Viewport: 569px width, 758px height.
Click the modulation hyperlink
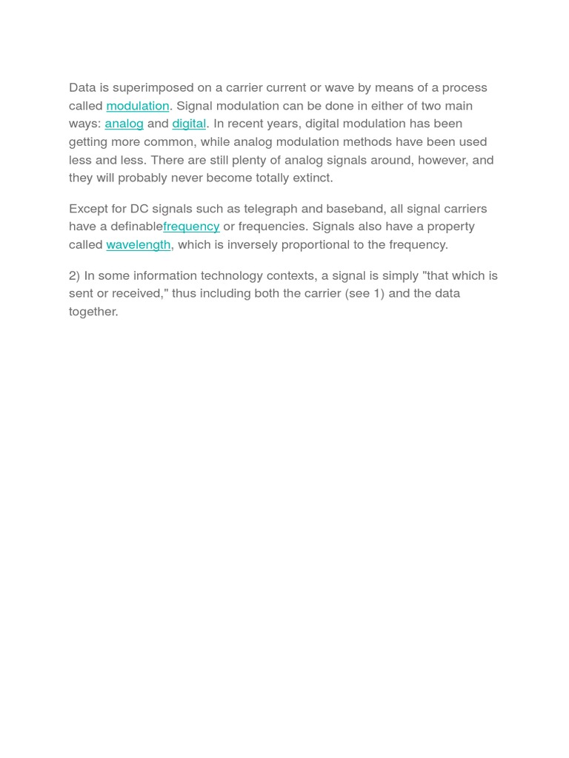tap(138, 106)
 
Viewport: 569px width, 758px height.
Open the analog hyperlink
tap(124, 124)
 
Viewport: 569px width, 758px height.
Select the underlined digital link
tap(189, 124)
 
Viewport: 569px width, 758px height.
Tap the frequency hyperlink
tap(191, 227)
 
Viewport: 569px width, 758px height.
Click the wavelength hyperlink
tap(139, 244)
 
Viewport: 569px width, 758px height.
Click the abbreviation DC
tap(139, 209)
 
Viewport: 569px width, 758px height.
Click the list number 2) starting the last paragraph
tap(74, 275)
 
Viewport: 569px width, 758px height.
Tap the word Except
tap(88, 209)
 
